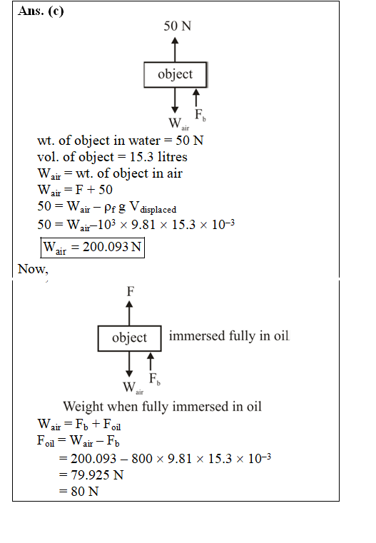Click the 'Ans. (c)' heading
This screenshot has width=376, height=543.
(41, 11)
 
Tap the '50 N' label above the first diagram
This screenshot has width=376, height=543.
(177, 26)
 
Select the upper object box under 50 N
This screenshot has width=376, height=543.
(176, 74)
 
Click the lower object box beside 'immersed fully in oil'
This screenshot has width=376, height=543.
(129, 338)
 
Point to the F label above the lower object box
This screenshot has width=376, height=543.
(130, 291)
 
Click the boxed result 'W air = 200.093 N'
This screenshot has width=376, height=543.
(93, 248)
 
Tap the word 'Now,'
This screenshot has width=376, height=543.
(33, 269)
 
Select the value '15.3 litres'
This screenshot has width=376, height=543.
(158, 157)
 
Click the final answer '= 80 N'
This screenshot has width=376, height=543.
(79, 492)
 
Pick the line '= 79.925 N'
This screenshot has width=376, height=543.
(91, 475)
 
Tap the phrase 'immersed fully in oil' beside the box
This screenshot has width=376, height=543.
(229, 335)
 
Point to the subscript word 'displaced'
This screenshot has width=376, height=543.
(158, 210)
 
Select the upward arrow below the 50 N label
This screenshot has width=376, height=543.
(176, 49)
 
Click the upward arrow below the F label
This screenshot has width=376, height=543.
(129, 313)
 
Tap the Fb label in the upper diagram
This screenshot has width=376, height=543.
(200, 115)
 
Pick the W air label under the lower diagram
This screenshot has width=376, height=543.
(133, 387)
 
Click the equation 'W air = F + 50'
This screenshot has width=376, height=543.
(75, 190)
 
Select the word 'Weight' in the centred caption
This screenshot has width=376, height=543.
(83, 407)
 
